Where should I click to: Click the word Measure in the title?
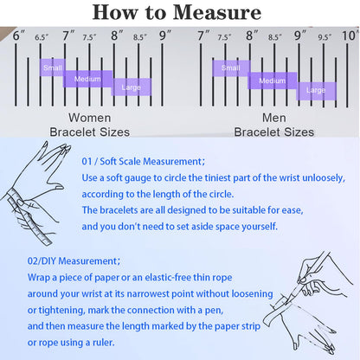217,12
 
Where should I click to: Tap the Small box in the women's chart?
53,67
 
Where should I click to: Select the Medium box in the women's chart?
87,79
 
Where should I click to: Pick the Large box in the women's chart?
132,87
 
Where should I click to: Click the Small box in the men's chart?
231,68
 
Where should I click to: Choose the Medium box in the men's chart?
273,80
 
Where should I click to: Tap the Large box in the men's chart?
316,91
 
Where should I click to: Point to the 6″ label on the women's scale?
18,35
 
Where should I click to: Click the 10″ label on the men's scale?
350,35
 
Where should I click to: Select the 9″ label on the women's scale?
165,35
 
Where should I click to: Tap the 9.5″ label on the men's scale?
325,37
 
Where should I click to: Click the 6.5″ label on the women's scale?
42,37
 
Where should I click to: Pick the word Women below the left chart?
90,118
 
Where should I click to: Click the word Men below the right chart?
274,118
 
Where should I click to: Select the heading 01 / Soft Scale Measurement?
144,161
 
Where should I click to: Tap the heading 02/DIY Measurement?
74,261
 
